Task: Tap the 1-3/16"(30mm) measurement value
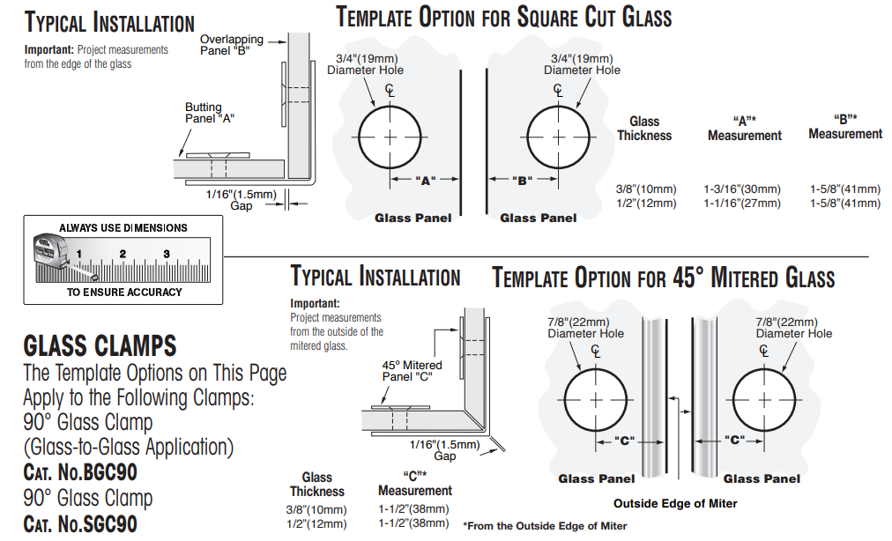[741, 189]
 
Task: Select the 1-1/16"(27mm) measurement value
[741, 204]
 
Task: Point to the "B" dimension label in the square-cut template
[523, 181]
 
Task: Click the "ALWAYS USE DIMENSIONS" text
[123, 227]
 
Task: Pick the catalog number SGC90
[80, 524]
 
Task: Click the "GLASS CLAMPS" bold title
[100, 345]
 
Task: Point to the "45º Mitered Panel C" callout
[412, 371]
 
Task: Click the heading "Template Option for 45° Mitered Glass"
[663, 278]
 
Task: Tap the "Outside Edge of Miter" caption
[675, 504]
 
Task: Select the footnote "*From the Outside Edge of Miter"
[545, 526]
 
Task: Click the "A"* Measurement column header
[744, 129]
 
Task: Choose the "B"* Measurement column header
[845, 127]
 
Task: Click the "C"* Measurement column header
[414, 484]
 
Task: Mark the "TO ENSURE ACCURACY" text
[124, 292]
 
